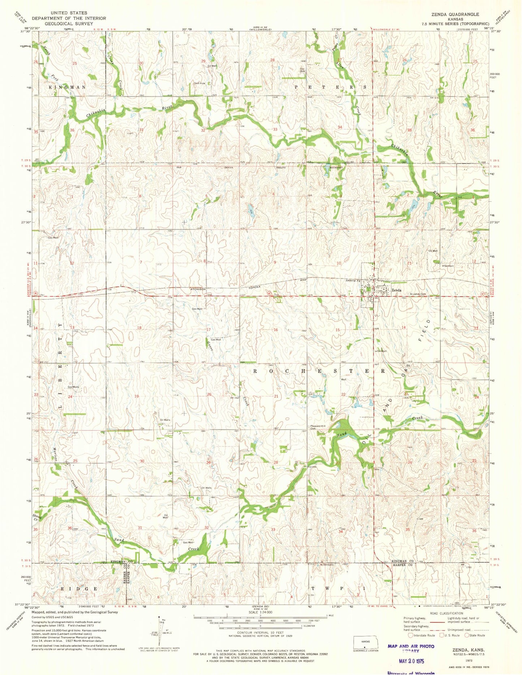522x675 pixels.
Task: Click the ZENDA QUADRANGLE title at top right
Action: (x=455, y=14)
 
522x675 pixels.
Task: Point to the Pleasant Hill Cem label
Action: (x=318, y=427)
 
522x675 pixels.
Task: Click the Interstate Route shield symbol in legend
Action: (x=410, y=635)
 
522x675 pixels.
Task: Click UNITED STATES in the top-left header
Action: (x=69, y=13)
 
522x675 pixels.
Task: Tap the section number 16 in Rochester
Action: (x=276, y=330)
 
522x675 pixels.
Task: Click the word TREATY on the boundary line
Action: (x=281, y=168)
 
